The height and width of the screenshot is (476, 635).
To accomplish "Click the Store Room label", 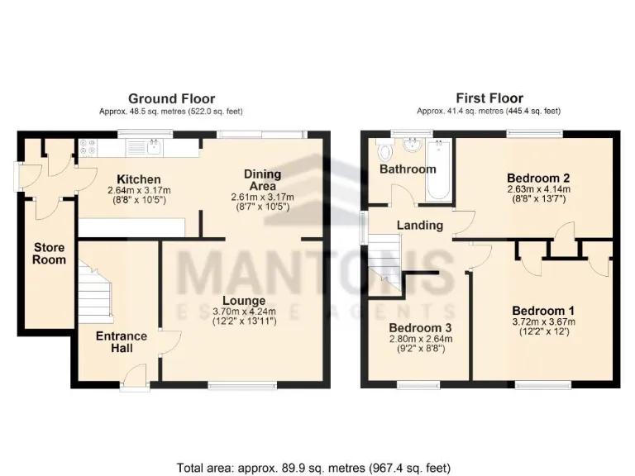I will (x=49, y=253).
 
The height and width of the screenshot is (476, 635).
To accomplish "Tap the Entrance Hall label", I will (x=122, y=342).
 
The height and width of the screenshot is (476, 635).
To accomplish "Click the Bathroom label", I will (x=407, y=169).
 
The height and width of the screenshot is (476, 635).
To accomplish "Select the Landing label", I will (x=419, y=225).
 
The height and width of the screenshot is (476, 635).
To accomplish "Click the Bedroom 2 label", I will (x=538, y=177).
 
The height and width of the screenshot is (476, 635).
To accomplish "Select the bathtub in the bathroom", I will (x=438, y=169).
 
